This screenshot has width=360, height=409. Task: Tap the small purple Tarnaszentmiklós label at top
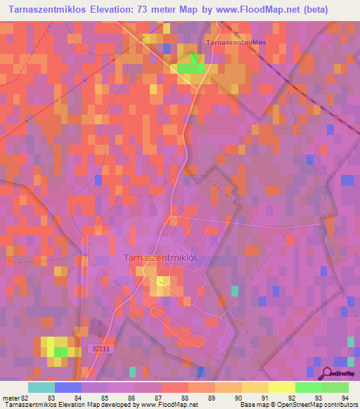[x=236, y=42]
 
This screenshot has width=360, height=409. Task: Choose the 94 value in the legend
[x=344, y=398]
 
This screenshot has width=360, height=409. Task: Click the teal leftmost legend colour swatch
[x=41, y=387]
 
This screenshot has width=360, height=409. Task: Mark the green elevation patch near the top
[x=191, y=68]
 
